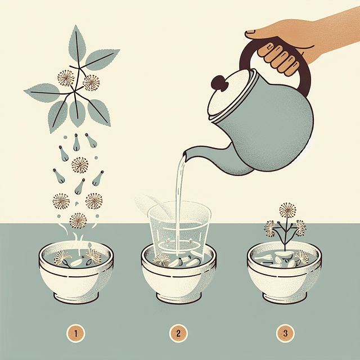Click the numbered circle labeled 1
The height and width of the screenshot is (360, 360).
coord(75,334)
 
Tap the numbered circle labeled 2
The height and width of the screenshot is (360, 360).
coord(178,334)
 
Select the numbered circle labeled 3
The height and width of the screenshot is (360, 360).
coord(285,334)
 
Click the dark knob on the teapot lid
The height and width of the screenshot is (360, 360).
coord(218,84)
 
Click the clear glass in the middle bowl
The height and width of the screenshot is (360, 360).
coord(179,225)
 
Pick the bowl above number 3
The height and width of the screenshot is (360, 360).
coord(284,276)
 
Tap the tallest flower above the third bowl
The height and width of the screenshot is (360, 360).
coord(287,210)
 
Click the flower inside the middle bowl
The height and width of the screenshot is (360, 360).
coord(163,259)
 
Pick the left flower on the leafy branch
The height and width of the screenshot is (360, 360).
coord(66,79)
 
